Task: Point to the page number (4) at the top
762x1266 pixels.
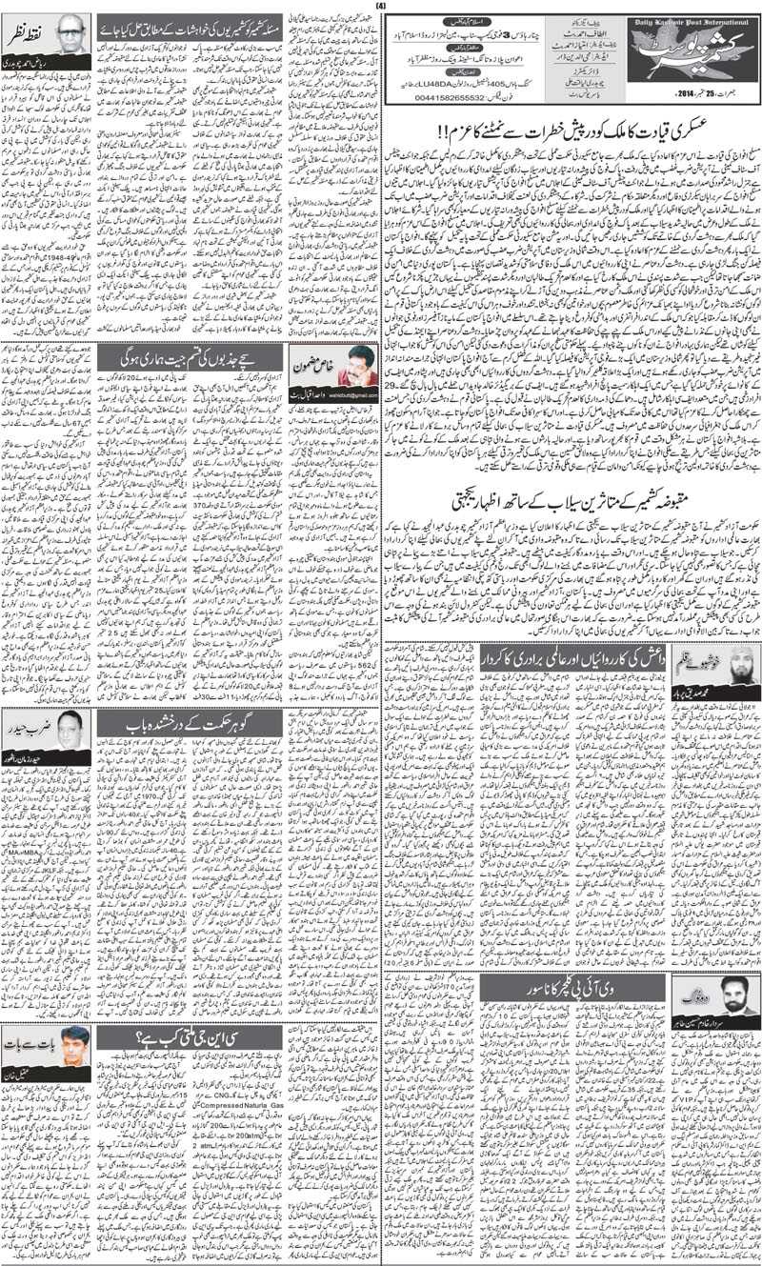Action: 380,7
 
